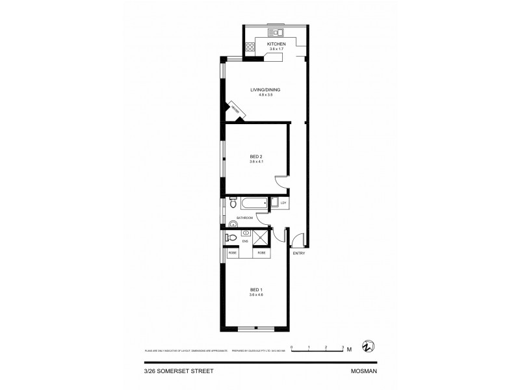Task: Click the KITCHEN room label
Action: (x=276, y=44)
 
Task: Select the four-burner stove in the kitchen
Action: (x=250, y=45)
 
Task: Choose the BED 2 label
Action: (x=256, y=157)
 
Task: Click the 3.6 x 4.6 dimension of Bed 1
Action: (x=256, y=294)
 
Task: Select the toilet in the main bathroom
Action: (x=233, y=223)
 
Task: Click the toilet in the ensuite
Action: (x=233, y=237)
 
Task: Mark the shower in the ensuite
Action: (x=261, y=237)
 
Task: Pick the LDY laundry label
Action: (x=283, y=203)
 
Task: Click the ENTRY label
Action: (x=299, y=252)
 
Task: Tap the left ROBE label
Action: (x=232, y=252)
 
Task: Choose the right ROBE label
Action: (x=261, y=252)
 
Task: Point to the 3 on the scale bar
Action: (x=343, y=348)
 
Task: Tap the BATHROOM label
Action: (x=244, y=218)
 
